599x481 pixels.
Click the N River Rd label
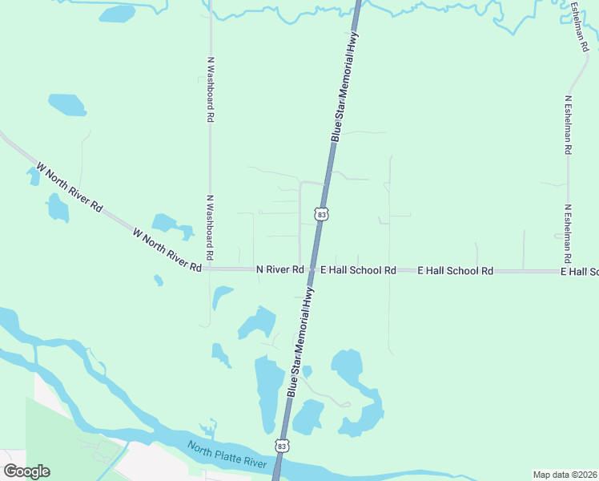(279, 270)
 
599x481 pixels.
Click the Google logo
(26, 471)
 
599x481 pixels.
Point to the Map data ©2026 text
(565, 475)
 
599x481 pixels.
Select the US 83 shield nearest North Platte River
(280, 445)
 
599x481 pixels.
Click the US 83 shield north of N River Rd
(322, 214)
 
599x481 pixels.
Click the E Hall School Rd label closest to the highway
(358, 271)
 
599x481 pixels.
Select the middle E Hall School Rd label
(456, 271)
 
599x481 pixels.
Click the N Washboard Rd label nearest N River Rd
(210, 227)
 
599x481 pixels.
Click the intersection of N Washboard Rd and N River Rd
(211, 269)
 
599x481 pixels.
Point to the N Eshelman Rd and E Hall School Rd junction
(566, 271)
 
